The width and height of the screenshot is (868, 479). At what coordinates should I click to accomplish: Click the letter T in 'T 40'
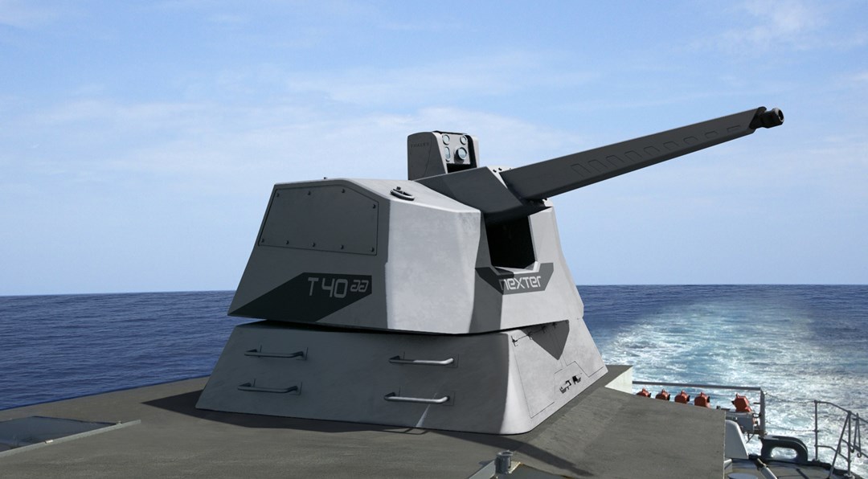[313, 287]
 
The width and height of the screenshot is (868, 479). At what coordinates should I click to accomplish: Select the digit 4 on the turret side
[326, 288]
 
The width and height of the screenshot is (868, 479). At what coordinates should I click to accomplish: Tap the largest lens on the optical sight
[461, 153]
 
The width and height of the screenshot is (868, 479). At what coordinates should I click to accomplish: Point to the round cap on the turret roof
[402, 194]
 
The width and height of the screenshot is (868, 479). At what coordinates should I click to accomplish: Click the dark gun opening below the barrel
[510, 243]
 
